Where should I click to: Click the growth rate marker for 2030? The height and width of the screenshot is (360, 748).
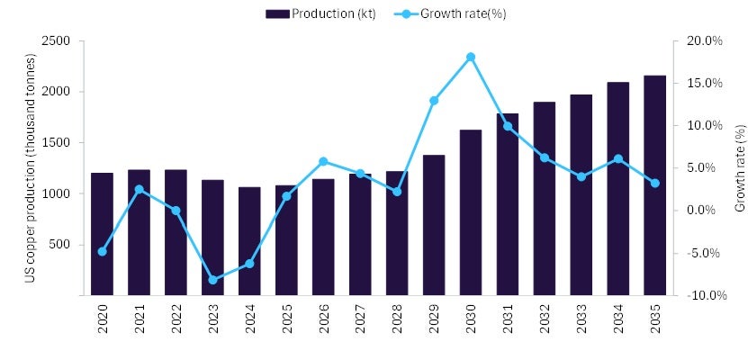tap(471, 57)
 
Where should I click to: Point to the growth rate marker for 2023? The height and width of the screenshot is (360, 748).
tap(212, 280)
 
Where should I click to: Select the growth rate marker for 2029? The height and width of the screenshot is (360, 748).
tap(434, 100)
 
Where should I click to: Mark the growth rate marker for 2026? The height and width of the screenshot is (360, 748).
tap(323, 161)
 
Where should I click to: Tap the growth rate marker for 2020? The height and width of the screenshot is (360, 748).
tap(102, 251)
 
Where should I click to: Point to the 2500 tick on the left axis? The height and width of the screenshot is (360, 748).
tap(59, 41)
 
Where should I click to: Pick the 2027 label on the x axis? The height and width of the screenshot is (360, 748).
tap(360, 321)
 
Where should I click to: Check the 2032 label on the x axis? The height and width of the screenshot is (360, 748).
tap(545, 321)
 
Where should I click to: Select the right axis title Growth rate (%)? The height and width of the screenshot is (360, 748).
tap(740, 168)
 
